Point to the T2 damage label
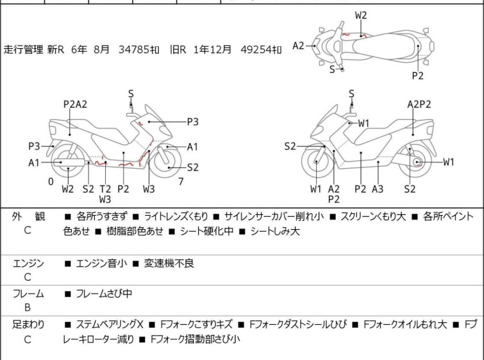point(105,189)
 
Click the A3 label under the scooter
point(378,189)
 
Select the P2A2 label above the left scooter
point(75,105)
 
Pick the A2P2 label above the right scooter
point(419,105)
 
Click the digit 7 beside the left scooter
point(181,182)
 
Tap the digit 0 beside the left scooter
point(51,182)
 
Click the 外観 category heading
point(28,217)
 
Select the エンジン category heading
point(28,263)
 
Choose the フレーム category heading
point(28,294)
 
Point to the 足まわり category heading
point(28,325)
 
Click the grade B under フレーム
point(28,307)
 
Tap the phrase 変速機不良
point(169,263)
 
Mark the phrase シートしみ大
point(275,231)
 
